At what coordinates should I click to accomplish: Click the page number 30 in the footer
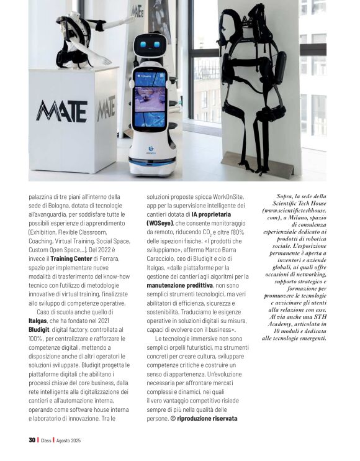point(32,440)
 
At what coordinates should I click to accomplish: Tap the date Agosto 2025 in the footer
point(69,440)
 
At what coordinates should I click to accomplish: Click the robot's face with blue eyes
point(150,47)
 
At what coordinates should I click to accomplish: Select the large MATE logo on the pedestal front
point(61,109)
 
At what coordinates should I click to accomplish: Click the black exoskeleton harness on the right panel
point(263,87)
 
